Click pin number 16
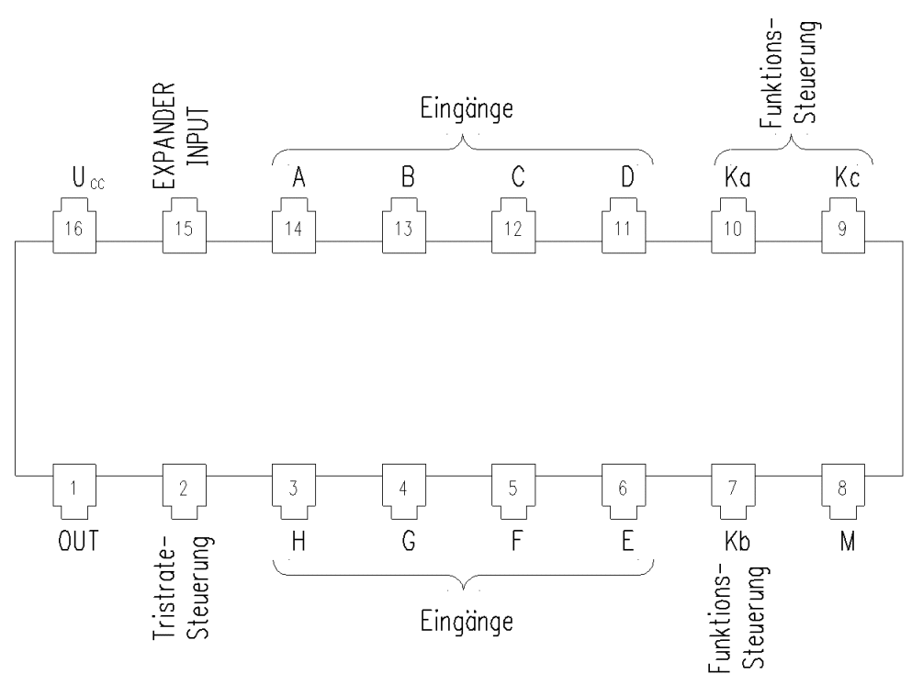pos(74,226)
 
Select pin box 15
pos(185,226)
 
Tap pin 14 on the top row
pos(294,226)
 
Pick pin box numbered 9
pos(843,226)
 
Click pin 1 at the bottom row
pos(74,491)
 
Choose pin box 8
pos(843,491)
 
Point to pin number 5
pos(513,491)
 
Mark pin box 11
pos(624,226)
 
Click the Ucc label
pos(88,178)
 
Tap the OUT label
pos(78,541)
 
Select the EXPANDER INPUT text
pos(181,135)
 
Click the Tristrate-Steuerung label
pos(181,587)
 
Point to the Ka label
pos(737,177)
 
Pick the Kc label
pos(847,177)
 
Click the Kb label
pos(737,541)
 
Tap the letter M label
pos(847,541)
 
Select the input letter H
pos(298,541)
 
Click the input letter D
pos(627,177)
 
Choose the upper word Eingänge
pos(467,109)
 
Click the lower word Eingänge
pos(467,622)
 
